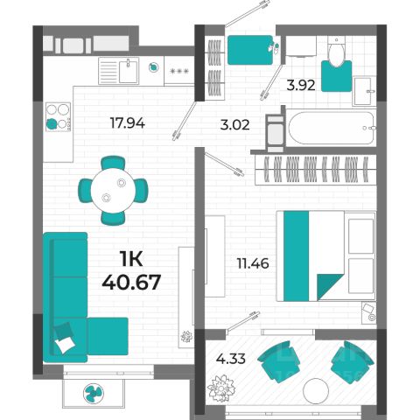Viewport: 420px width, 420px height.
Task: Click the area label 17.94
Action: coord(128,123)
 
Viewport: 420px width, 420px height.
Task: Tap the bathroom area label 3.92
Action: coord(301,86)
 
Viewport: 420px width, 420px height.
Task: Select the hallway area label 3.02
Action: coord(234,125)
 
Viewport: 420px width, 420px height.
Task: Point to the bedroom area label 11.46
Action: coord(253,263)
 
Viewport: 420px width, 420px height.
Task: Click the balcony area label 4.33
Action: coord(231,359)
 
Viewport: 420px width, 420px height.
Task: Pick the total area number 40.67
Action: coord(131,282)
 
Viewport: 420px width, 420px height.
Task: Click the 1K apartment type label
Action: coord(131,259)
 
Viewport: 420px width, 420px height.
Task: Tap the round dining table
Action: coord(113,191)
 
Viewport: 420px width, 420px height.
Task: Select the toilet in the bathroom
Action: coord(336,52)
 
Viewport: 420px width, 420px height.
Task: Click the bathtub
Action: coord(331,128)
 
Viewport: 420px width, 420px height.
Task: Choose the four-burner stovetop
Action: coord(58,116)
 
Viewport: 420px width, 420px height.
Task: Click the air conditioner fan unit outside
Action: coord(94,393)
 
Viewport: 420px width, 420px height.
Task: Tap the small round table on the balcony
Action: coord(316,391)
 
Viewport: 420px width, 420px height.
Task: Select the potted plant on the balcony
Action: coord(220,388)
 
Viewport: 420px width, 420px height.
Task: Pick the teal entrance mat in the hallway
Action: coord(250,50)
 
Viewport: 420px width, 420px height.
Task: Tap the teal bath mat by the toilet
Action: coord(336,76)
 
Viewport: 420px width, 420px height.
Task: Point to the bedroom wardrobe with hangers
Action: coord(316,170)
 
